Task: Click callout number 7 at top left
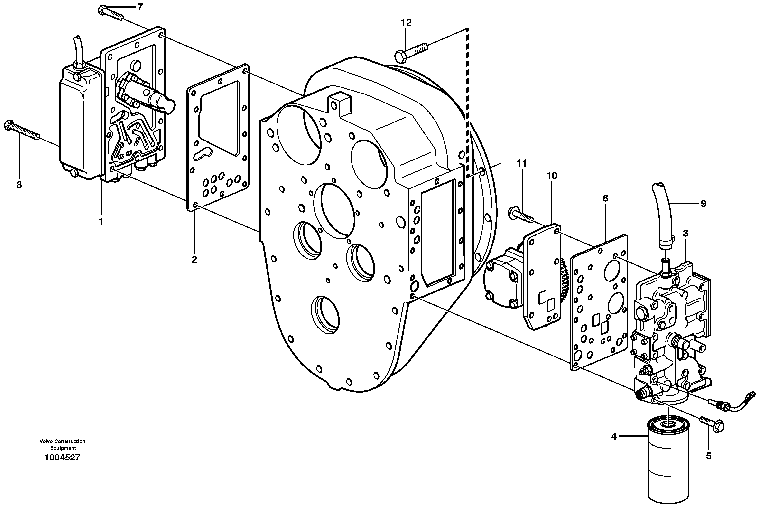140,7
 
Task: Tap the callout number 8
19,185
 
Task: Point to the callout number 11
522,163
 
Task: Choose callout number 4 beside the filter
614,437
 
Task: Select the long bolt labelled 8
23,131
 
